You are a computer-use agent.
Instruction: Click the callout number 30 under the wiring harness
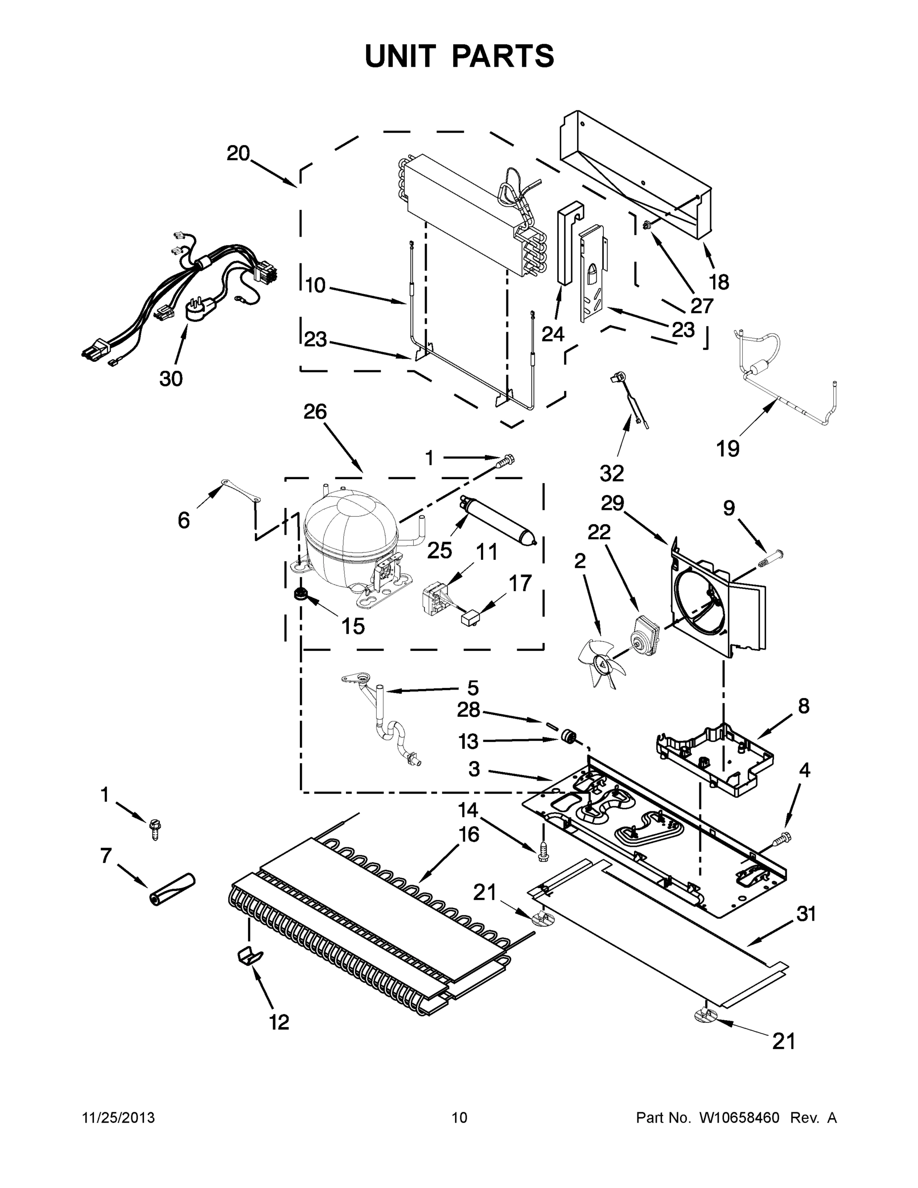point(171,379)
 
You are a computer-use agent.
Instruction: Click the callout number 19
point(727,449)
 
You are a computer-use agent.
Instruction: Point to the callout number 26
point(315,412)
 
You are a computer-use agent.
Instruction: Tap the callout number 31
point(806,914)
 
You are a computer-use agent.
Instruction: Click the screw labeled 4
point(781,841)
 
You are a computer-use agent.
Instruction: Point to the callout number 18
point(719,282)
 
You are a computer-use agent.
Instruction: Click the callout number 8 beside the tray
point(803,706)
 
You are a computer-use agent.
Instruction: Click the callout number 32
point(612,473)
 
